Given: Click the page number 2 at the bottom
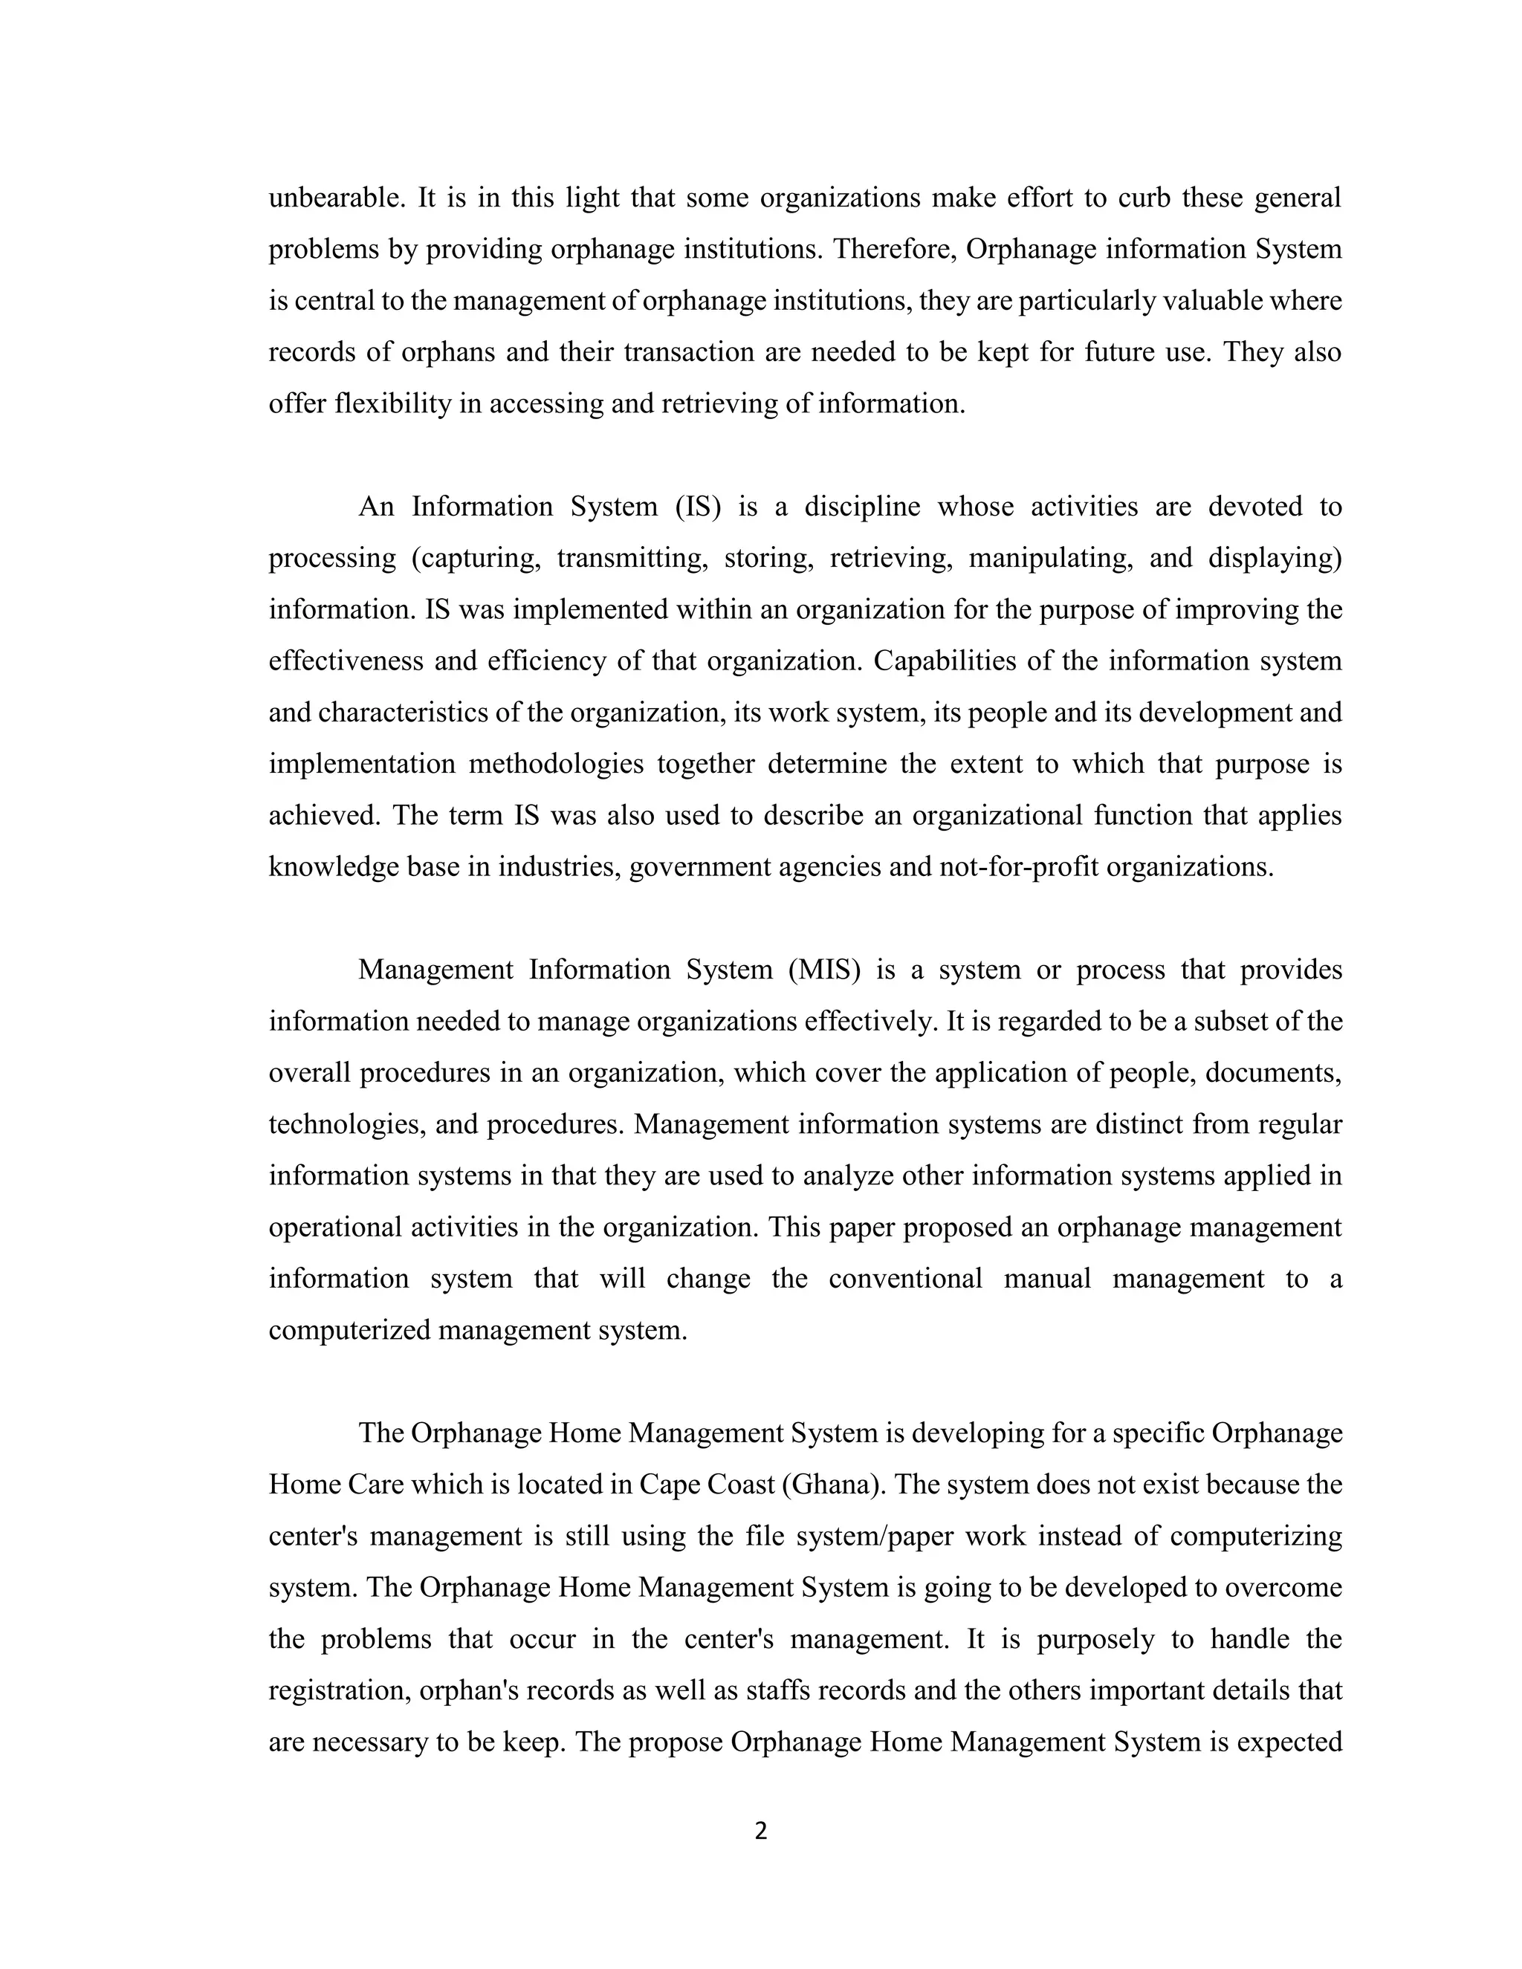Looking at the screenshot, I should pos(760,1831).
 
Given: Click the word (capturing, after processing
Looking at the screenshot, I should pos(475,559).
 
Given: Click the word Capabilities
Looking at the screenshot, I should pos(942,662).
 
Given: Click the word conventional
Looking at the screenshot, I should pos(905,1279).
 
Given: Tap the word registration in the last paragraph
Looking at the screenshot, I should pos(337,1690).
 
